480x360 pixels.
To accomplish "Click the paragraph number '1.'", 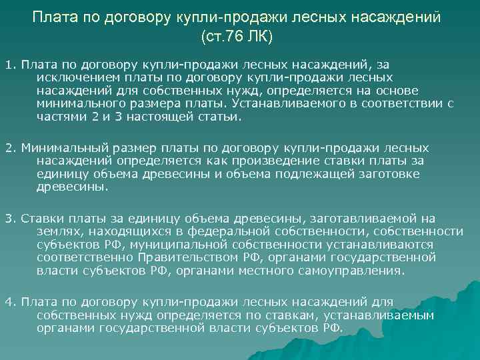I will pos(10,65).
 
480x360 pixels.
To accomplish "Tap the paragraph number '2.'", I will pos(10,147).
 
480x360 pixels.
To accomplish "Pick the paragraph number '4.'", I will pos(10,301).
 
